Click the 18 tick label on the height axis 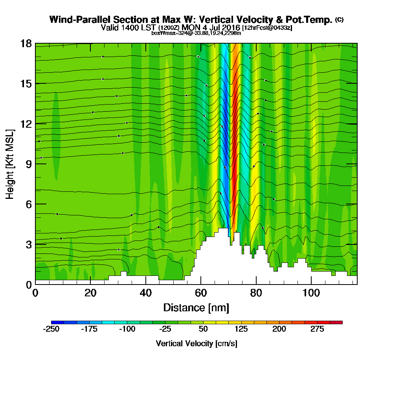26,43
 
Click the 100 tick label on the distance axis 311,293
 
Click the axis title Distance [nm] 196,307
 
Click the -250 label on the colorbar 51,329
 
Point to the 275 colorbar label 318,329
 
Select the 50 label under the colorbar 203,329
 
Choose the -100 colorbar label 127,329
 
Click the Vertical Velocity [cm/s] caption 196,343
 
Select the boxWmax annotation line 196,33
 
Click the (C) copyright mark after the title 340,19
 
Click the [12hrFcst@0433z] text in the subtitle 267,28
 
